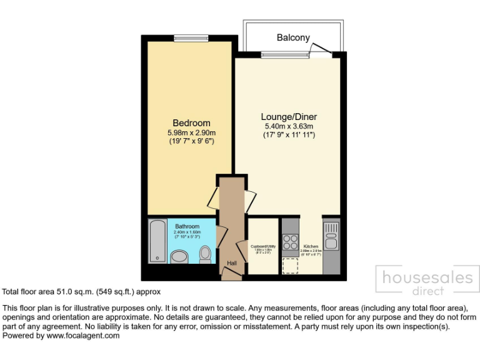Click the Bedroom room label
191,123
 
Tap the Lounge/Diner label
289,117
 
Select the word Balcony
293,38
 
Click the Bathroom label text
187,226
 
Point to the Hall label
232,263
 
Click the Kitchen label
311,247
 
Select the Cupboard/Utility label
263,247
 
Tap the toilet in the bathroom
205,253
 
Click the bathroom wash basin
180,257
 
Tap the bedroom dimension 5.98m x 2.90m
191,132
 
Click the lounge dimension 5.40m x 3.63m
289,126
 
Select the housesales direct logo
427,281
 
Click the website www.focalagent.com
82,336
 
